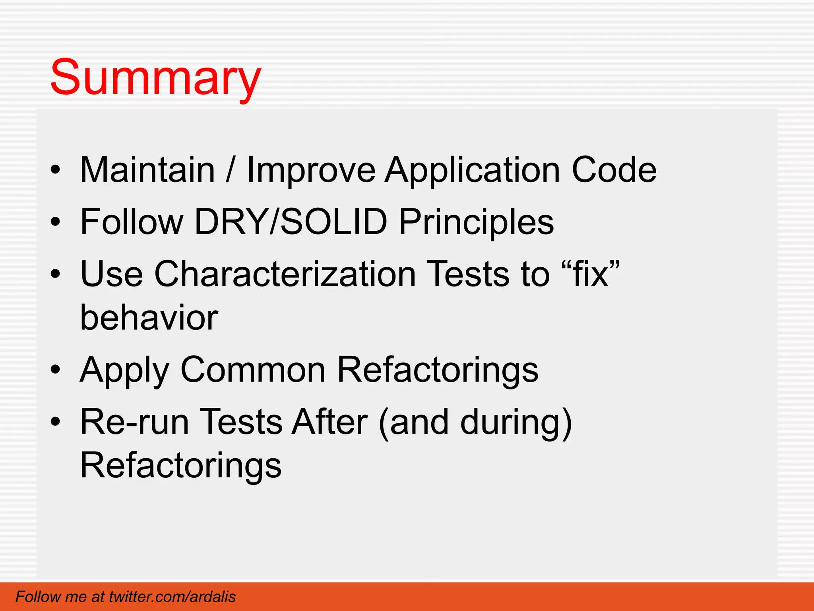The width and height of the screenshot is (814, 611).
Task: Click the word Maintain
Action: (147, 170)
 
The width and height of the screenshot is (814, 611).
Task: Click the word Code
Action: (614, 170)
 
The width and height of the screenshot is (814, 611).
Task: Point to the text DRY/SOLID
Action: (291, 222)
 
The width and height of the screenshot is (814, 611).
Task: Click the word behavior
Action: (149, 317)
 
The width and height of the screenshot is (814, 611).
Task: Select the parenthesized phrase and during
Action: (475, 422)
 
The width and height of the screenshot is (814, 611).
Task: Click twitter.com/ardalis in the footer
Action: (172, 597)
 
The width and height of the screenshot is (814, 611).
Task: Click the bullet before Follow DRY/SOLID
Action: (55, 222)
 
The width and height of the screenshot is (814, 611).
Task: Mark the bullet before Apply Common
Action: (55, 370)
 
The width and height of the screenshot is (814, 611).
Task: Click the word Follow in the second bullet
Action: (132, 222)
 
